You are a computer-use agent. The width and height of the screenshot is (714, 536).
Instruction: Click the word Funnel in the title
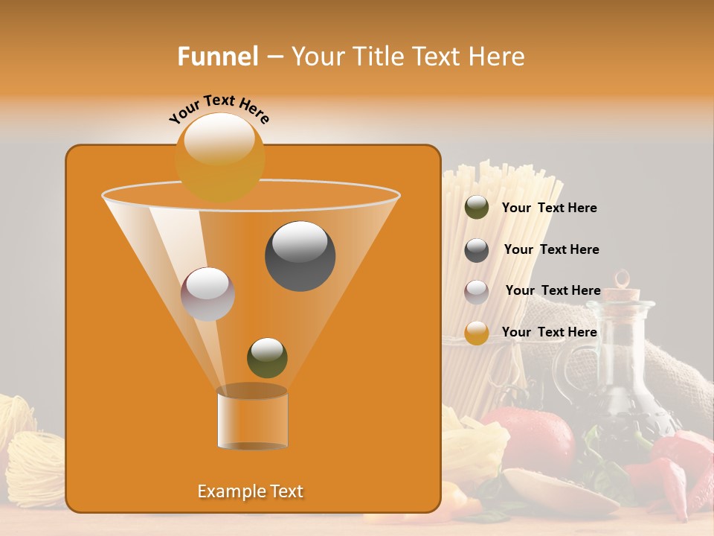pos(218,57)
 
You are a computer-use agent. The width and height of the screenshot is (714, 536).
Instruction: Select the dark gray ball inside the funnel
pos(300,256)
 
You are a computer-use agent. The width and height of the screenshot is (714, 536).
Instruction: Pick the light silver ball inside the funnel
pos(208,294)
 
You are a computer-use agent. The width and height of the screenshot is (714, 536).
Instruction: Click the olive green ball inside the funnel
pos(267,357)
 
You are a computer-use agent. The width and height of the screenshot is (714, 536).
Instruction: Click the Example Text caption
pos(250,491)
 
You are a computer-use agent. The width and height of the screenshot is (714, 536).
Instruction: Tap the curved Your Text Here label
pos(219,108)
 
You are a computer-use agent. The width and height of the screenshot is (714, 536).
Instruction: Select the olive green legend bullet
pos(477,208)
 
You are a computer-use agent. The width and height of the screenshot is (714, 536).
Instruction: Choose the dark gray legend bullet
pos(477,250)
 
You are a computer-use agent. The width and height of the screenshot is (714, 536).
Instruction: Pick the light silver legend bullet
pos(477,292)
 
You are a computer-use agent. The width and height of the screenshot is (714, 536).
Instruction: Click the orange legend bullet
pos(477,333)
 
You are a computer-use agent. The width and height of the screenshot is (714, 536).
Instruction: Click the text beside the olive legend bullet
pos(549,208)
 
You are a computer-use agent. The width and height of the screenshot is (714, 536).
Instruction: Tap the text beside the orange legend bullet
pos(549,332)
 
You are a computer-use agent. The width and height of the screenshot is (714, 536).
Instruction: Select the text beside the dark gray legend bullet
pos(551,249)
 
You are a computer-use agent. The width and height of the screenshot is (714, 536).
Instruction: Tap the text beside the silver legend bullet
pos(553,290)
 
